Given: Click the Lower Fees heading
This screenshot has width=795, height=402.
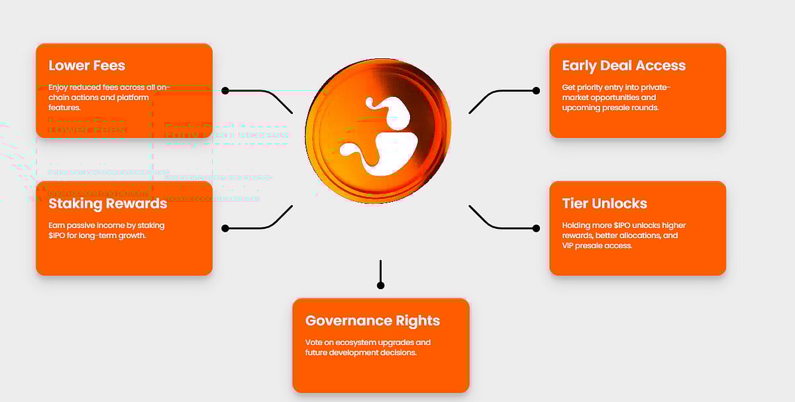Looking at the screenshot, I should click(87, 66).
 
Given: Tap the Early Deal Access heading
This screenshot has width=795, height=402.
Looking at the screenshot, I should click(623, 66).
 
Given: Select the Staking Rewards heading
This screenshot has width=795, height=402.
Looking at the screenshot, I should click(108, 203).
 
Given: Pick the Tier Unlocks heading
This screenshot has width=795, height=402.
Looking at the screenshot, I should click(604, 203).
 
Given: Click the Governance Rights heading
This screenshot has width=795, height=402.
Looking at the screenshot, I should click(372, 320).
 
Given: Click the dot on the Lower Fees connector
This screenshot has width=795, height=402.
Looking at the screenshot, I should click(225, 90).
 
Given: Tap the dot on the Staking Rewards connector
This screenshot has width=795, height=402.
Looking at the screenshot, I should click(225, 228).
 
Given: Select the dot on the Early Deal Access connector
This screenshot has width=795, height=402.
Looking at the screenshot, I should click(536, 90).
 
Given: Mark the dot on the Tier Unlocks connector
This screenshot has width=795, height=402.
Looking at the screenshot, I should click(536, 228).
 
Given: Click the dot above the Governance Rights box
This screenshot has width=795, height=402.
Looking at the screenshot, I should click(380, 285).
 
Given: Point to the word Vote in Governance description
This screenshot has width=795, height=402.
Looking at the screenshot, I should click(313, 342).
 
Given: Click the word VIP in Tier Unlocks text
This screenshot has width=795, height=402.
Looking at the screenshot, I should click(568, 245).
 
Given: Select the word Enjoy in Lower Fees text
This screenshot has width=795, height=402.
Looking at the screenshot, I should click(58, 88).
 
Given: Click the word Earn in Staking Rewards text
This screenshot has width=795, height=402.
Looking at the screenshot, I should click(56, 226).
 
